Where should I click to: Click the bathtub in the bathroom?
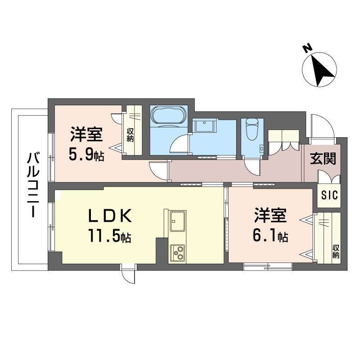pyautogui.click(x=169, y=117)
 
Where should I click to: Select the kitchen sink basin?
pyautogui.click(x=177, y=221)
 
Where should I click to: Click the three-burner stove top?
pyautogui.click(x=177, y=253)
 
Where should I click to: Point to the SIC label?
pyautogui.click(x=329, y=195)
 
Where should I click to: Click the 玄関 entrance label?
pyautogui.click(x=323, y=159)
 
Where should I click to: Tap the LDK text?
pyautogui.click(x=110, y=216)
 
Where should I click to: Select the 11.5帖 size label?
pyautogui.click(x=110, y=235)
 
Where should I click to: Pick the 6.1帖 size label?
pyautogui.click(x=270, y=235)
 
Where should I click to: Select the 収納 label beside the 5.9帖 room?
pyautogui.click(x=130, y=135)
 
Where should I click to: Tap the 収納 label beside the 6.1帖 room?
pyautogui.click(x=336, y=252)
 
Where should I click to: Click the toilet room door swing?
pyautogui.click(x=252, y=167)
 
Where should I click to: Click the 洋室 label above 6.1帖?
pyautogui.click(x=270, y=216)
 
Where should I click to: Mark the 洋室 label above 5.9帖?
pyautogui.click(x=86, y=134)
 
